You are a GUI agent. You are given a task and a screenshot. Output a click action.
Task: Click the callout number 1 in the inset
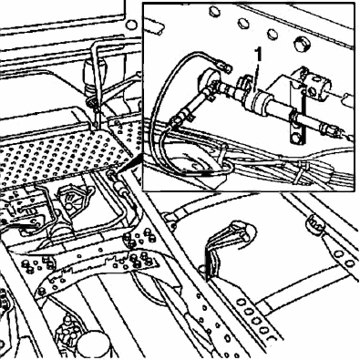[259, 55]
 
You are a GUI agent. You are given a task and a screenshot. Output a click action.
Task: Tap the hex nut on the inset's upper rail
[302, 44]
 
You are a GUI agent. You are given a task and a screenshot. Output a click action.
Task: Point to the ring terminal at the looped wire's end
[225, 67]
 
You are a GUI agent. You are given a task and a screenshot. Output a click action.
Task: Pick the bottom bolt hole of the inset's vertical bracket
[296, 139]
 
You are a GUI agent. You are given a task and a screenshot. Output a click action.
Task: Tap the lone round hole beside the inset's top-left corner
[131, 25]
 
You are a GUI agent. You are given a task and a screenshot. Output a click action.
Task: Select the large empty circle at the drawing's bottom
[93, 345]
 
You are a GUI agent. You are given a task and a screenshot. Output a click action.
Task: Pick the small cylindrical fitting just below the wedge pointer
[119, 189]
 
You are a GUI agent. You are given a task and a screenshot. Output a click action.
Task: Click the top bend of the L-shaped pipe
[97, 45]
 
